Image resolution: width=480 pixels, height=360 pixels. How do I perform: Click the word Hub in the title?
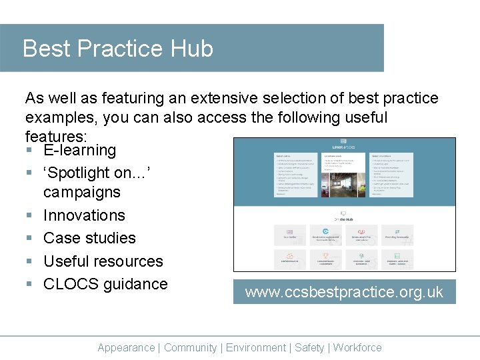coord(192,49)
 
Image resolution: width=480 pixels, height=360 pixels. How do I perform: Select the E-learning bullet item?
coord(79,151)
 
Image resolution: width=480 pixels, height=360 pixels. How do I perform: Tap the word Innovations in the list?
coord(84,215)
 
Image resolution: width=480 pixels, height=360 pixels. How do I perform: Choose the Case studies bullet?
coord(89,238)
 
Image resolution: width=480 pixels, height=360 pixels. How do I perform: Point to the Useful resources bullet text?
coord(103,261)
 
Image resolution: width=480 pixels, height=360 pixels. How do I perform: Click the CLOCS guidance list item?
coord(105,284)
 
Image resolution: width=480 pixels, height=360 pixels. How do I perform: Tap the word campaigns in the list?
coord(81,193)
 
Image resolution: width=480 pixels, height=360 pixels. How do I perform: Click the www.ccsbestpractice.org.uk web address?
coord(344,293)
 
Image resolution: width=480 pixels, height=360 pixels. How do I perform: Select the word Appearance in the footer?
coord(126,347)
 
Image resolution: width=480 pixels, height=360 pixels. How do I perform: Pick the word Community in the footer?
coord(190,347)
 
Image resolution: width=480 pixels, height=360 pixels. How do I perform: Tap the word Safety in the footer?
coord(309,347)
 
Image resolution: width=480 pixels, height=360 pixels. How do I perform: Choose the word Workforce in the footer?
coord(357,347)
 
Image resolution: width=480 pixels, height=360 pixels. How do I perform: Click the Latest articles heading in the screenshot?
coord(344,147)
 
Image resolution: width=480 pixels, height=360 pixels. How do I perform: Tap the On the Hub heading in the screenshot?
coord(344,219)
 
